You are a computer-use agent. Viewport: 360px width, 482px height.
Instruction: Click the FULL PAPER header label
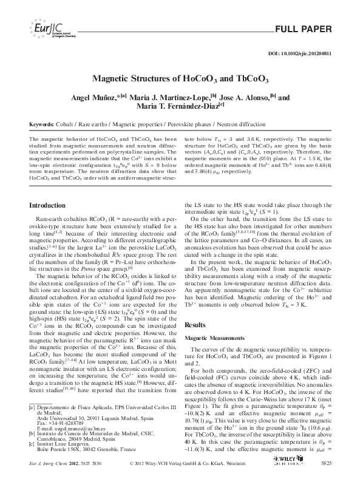pos(304,29)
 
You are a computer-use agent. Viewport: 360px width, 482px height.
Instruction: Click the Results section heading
pos(198,325)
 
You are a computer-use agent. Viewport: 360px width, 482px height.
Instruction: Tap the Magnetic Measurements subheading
pos(216,338)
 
